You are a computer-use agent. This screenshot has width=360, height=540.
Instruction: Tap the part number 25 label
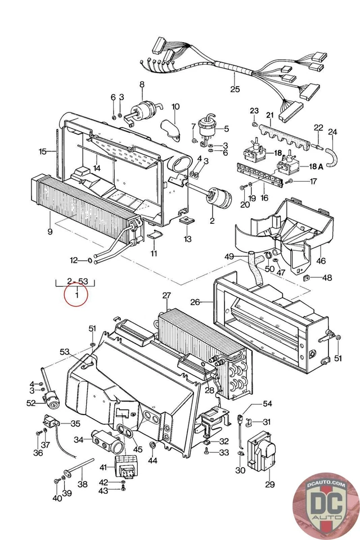click(x=235, y=89)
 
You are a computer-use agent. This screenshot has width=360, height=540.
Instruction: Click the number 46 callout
click(x=321, y=261)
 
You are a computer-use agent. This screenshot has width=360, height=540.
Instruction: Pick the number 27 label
click(x=166, y=296)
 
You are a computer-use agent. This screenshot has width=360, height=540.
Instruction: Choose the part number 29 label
click(x=269, y=484)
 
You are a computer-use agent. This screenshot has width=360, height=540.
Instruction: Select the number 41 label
click(x=103, y=467)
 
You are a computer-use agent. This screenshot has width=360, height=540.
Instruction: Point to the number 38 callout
click(x=82, y=484)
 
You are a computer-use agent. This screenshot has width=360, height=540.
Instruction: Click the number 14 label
click(x=97, y=168)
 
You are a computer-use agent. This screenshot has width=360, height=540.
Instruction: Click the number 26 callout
click(x=195, y=302)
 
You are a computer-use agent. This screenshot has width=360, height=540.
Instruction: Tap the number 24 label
click(x=332, y=132)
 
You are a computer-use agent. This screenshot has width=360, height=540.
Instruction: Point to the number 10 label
click(x=175, y=106)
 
